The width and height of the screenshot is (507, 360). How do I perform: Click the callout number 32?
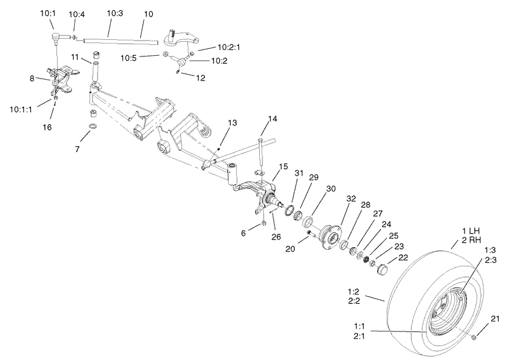350,199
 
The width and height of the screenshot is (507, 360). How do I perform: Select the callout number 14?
273,118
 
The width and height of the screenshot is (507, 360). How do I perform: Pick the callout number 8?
32,79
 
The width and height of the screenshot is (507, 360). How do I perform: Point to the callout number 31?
299,174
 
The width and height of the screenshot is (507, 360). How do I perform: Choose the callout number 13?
231,122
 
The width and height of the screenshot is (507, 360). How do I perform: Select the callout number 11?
75,57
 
